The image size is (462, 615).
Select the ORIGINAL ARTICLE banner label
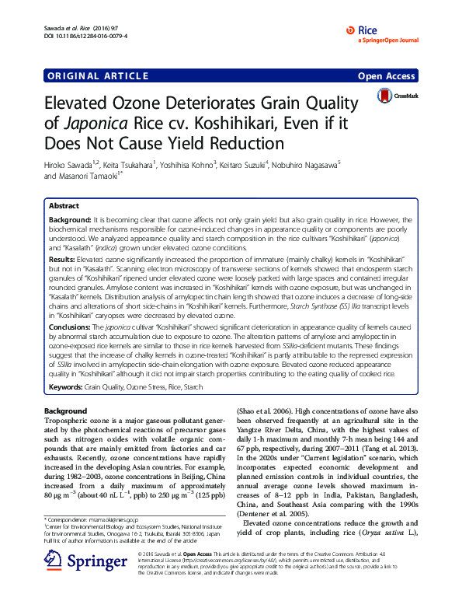tap(96, 76)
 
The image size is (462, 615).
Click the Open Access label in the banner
tap(386, 76)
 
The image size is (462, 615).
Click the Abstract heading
tap(64, 206)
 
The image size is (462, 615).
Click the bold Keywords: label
tap(65, 386)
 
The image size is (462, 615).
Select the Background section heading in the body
tap(65, 411)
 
